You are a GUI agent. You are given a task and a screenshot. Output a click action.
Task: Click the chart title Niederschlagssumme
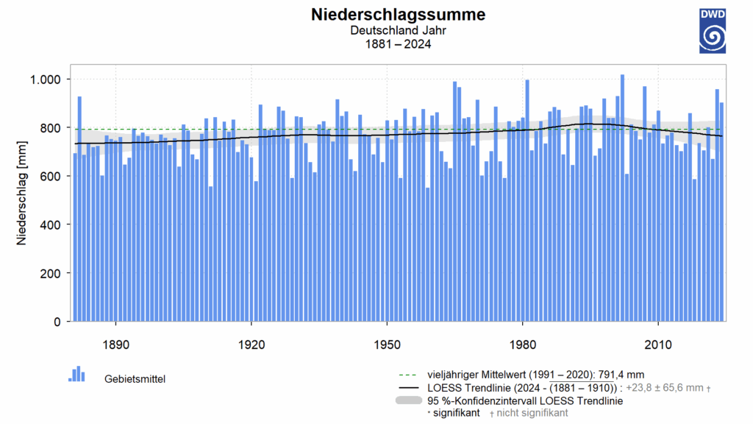pyautogui.click(x=398, y=15)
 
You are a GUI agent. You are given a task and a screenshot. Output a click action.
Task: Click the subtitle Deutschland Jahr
pyautogui.click(x=398, y=31)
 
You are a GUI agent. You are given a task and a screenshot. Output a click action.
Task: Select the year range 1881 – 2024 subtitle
pyautogui.click(x=398, y=44)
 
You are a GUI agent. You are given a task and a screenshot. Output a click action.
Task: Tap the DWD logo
pyautogui.click(x=712, y=32)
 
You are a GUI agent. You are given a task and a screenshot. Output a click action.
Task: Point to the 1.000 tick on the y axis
pyautogui.click(x=49, y=79)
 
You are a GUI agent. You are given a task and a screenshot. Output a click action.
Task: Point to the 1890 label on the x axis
pyautogui.click(x=116, y=344)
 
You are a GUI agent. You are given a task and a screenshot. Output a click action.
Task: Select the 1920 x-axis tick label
pyautogui.click(x=251, y=344)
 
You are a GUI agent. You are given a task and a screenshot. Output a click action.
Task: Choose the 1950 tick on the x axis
pyautogui.click(x=387, y=344)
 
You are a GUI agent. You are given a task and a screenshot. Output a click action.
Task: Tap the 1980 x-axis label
pyautogui.click(x=522, y=344)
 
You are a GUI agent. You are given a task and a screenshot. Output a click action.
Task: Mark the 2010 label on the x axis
pyautogui.click(x=657, y=344)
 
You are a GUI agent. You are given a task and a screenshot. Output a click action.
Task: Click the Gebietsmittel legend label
pyautogui.click(x=135, y=379)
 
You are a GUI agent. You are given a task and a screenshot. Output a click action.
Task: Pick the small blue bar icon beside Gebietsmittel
pyautogui.click(x=77, y=375)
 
